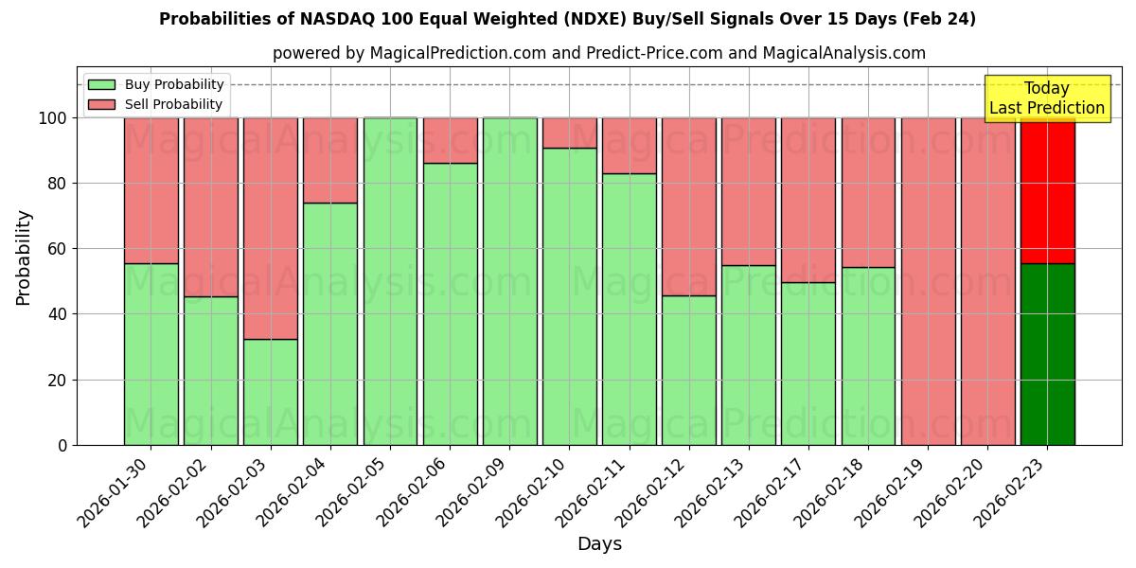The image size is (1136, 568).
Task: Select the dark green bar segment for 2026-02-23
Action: [1047, 354]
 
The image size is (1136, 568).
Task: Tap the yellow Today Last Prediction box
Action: [1046, 98]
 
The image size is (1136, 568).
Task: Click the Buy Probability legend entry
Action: [156, 84]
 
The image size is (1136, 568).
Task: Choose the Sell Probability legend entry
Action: [156, 104]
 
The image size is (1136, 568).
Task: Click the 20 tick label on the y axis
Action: [58, 380]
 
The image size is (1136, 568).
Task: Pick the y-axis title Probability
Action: [24, 257]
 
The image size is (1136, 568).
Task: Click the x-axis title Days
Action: [599, 544]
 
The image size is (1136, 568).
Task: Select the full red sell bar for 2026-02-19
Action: [928, 281]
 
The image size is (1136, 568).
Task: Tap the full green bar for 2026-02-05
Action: [390, 281]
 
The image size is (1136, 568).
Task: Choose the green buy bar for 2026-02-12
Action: [688, 370]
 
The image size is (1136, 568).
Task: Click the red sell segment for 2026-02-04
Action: [330, 160]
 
